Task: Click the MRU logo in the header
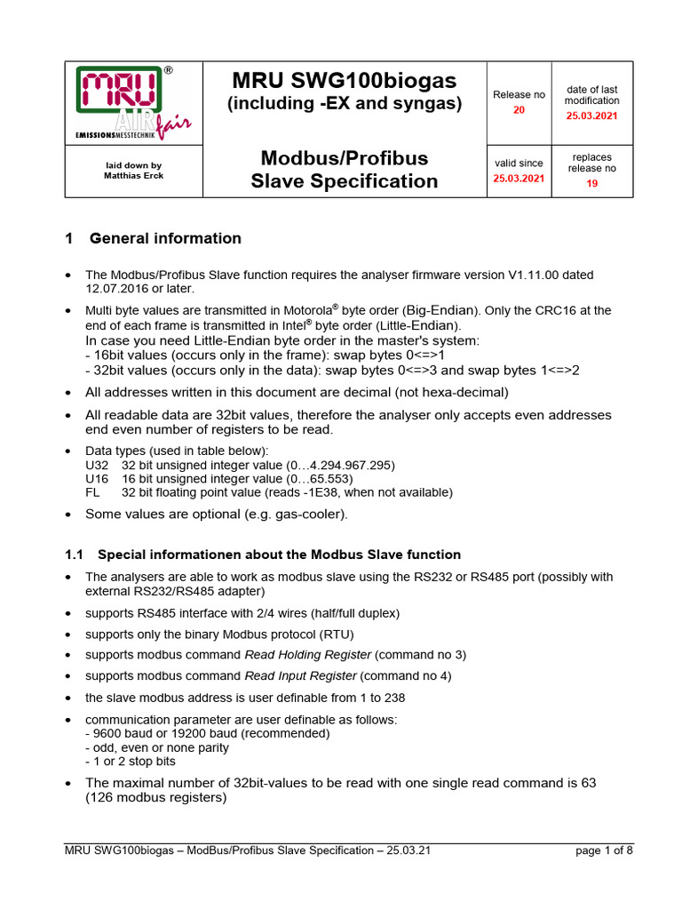coord(133,103)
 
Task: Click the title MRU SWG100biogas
coord(345,80)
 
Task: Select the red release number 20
coord(519,110)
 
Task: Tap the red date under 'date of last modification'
coord(592,116)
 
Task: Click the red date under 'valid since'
coord(519,178)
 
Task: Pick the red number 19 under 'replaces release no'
coord(592,183)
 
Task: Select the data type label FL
coord(92,491)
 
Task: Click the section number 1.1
coord(74,555)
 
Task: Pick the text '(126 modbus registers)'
coord(156,798)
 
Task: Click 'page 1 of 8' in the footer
coord(604,850)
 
